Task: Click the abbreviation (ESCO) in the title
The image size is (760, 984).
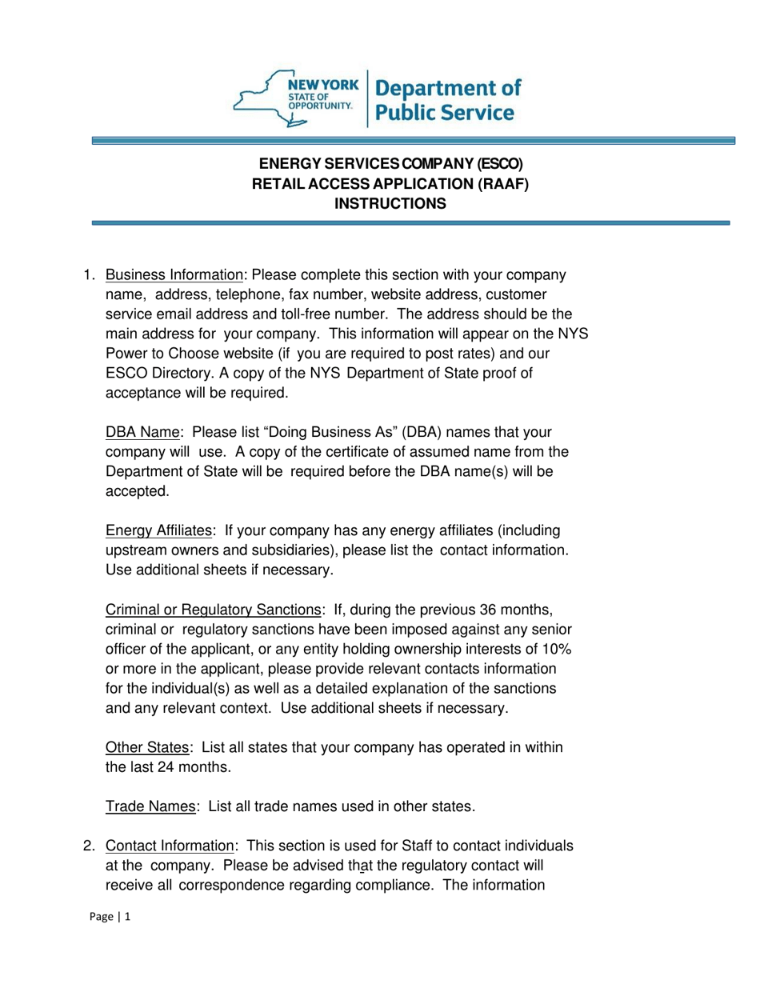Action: [x=499, y=165]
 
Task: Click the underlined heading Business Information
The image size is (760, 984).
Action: [x=174, y=274]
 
